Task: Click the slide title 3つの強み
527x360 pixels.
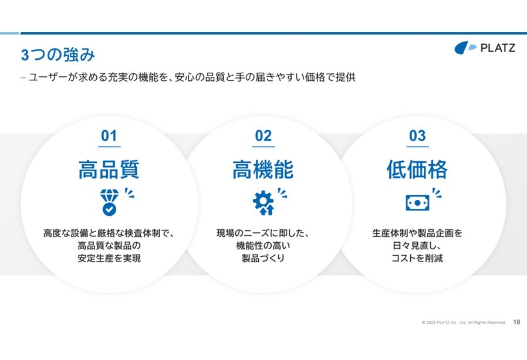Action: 58,55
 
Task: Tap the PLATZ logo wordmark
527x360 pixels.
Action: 498,48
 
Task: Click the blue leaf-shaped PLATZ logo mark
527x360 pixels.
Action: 465,47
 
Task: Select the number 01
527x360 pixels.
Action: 109,135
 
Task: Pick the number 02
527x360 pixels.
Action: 263,135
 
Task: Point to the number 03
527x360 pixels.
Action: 417,135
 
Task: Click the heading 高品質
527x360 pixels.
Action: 109,169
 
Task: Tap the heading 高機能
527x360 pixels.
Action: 263,169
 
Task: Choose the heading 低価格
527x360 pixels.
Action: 417,169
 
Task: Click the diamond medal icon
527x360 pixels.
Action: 109,202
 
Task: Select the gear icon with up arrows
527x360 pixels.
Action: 263,202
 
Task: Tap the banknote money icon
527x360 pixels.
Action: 417,203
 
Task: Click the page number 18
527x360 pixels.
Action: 516,322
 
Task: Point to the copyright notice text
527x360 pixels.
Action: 464,322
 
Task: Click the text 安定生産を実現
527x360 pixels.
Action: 109,258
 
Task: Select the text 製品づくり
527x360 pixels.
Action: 263,258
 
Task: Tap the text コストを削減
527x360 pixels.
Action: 417,258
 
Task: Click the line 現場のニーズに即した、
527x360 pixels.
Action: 263,233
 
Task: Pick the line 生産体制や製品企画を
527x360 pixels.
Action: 417,233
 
